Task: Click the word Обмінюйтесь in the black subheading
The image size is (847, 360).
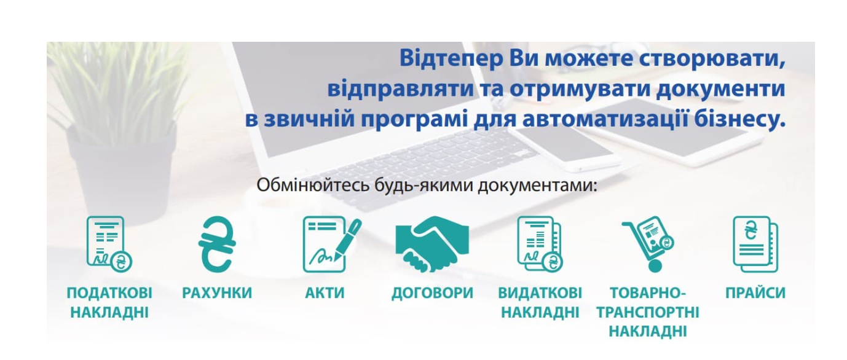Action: pos(313,185)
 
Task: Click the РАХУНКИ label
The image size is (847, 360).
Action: pos(217,293)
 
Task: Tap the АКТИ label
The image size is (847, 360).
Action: pos(325,293)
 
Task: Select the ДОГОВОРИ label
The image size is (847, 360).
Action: pos(432,293)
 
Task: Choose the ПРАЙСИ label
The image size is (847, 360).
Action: pos(755,293)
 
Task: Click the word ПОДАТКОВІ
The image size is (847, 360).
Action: pos(109,293)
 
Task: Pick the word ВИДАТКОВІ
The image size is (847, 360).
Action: pos(540,293)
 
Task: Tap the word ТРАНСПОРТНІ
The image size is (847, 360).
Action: pos(648,313)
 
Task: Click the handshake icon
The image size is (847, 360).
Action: pos(432,244)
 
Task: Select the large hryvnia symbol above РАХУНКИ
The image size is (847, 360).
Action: pos(217,244)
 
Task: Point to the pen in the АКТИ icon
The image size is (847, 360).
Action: pos(347,239)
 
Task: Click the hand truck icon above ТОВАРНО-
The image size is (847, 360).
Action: pos(648,244)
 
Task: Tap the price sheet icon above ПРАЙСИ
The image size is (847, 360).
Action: pos(755,244)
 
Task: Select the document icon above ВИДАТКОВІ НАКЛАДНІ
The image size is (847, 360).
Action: pos(540,244)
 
